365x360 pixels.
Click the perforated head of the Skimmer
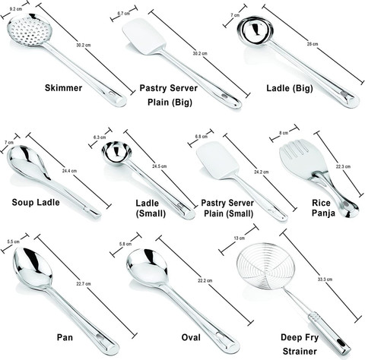pyautogui.click(x=30, y=30)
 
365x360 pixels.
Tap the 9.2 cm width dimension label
pyautogui.click(x=16, y=9)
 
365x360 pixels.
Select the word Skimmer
pyautogui.click(x=63, y=88)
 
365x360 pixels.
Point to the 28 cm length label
pyautogui.click(x=313, y=44)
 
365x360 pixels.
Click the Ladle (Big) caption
pyautogui.click(x=290, y=88)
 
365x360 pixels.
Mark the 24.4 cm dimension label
pyautogui.click(x=69, y=171)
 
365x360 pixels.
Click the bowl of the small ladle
pyautogui.click(x=117, y=153)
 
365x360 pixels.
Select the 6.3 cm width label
pyautogui.click(x=100, y=137)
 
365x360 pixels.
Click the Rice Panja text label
pyautogui.click(x=323, y=208)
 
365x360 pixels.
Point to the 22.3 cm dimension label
pyautogui.click(x=343, y=166)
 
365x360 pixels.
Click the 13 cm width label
pyautogui.click(x=239, y=238)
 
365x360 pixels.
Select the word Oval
pyautogui.click(x=191, y=337)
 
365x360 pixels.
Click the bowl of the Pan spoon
pyautogui.click(x=32, y=269)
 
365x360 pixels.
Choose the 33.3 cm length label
pyautogui.click(x=325, y=279)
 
